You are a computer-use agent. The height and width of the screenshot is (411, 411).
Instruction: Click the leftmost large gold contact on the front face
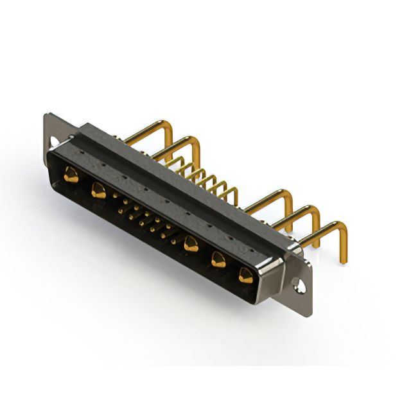tap(71, 174)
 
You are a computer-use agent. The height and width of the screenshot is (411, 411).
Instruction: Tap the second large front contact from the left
tap(98, 189)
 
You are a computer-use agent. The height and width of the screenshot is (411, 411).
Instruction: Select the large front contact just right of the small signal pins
tap(190, 243)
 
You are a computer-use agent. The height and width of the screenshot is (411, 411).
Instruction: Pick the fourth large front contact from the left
tap(218, 259)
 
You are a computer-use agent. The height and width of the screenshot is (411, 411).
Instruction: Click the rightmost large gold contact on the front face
tap(245, 275)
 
